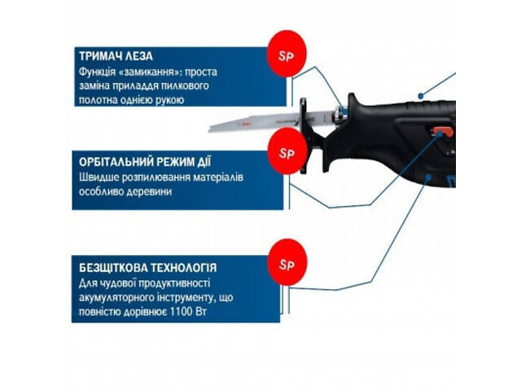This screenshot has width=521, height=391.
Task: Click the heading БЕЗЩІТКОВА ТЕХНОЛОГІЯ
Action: pos(137,266)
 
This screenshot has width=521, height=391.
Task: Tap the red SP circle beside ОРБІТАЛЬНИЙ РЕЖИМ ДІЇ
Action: pos(287,153)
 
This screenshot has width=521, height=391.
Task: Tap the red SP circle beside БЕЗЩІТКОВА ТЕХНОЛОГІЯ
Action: pos(287,264)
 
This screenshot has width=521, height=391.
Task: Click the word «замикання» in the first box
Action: pos(151,71)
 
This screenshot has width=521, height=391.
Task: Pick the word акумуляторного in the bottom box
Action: pos(117,297)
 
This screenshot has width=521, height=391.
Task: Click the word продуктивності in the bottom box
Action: pos(169,283)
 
